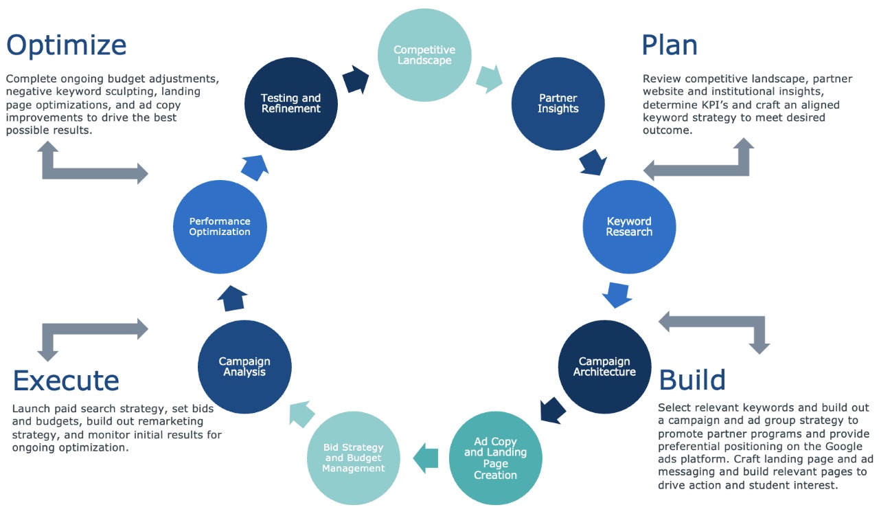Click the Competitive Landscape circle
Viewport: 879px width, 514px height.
tap(424, 55)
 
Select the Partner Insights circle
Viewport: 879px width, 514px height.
tap(558, 103)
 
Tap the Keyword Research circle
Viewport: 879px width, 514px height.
tap(629, 227)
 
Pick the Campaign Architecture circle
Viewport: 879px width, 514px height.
tap(604, 366)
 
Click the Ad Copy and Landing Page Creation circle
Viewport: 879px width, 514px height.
tap(495, 458)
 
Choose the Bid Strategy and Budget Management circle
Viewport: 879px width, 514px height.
tap(354, 458)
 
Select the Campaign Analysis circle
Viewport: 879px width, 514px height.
tap(244, 366)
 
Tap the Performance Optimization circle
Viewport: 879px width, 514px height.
tap(220, 227)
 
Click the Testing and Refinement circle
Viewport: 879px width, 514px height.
tap(291, 103)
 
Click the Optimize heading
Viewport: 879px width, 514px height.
tap(67, 45)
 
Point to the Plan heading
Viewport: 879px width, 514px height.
tap(669, 45)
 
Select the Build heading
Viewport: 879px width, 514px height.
tap(692, 380)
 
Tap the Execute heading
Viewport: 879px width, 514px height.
tap(66, 380)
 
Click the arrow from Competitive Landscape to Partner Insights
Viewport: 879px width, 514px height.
tap(489, 78)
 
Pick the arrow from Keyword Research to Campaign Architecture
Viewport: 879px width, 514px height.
tap(617, 293)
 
